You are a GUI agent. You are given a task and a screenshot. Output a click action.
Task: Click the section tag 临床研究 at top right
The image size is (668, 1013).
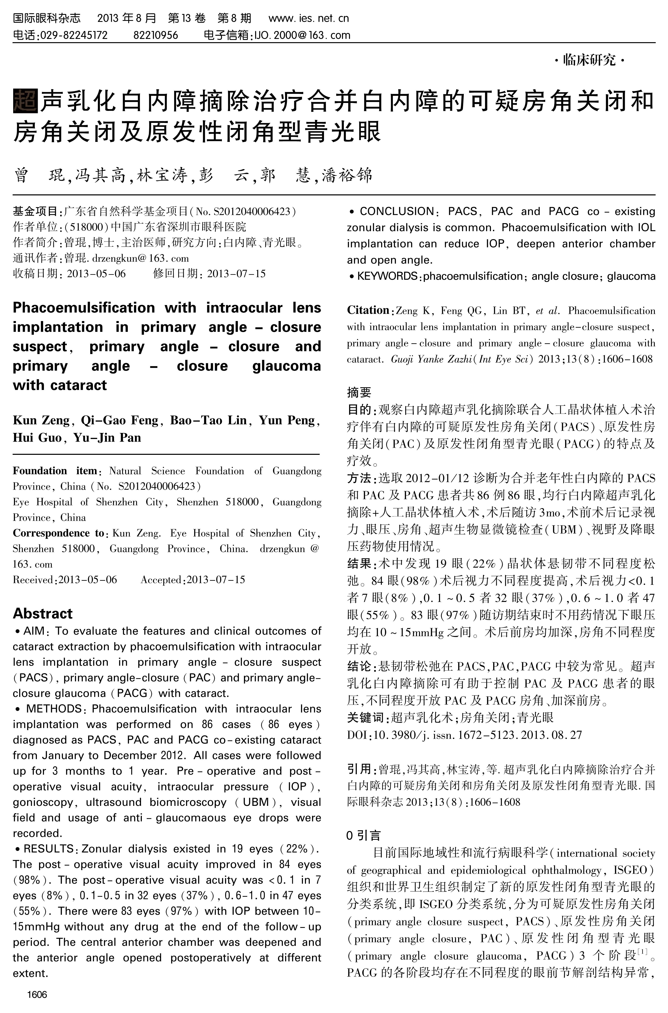click(x=590, y=61)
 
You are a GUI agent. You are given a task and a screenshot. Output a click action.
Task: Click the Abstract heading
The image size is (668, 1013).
click(x=43, y=613)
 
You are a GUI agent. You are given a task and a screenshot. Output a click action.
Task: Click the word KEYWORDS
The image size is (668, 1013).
click(x=387, y=276)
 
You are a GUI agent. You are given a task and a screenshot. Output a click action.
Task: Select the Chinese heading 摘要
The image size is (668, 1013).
click(x=359, y=392)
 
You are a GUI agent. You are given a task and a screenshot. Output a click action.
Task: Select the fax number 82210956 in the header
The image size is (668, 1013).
click(x=155, y=35)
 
